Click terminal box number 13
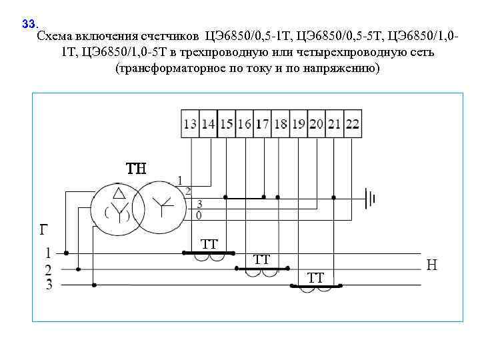191,124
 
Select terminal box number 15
227,124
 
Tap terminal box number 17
263,124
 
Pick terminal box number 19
299,124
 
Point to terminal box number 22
353,124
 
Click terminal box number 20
317,124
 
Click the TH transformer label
136,168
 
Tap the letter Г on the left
43,231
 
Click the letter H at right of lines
432,265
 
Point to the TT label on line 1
209,244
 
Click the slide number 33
28,24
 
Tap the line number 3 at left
48,285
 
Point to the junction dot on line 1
66,253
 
